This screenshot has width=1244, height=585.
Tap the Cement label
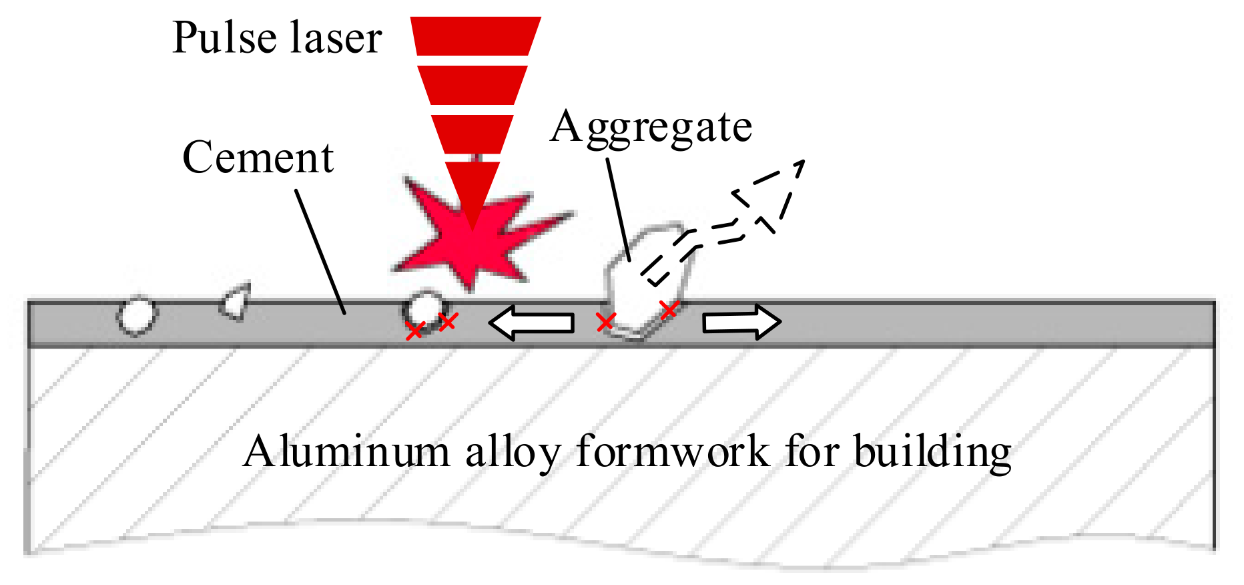(258, 158)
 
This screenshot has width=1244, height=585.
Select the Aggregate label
(651, 127)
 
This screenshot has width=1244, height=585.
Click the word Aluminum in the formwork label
(346, 451)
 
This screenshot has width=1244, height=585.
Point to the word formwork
(673, 451)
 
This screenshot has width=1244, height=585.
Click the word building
(932, 453)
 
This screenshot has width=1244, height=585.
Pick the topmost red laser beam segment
(475, 35)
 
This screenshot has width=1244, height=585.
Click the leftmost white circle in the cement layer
(137, 315)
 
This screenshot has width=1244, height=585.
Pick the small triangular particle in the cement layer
(236, 303)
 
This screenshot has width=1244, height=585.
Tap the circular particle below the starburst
(424, 309)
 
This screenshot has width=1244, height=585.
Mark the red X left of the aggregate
(605, 323)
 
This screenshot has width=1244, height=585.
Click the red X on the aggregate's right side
(669, 309)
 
